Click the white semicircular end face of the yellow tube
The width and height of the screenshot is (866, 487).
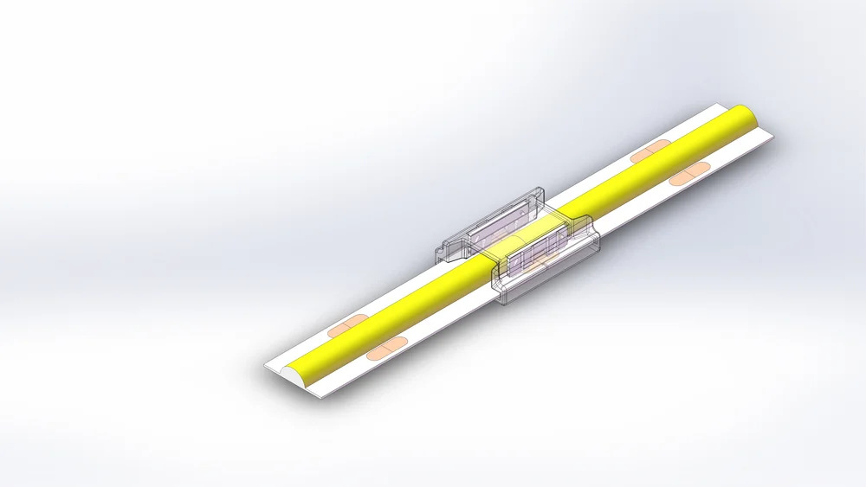click(x=287, y=375)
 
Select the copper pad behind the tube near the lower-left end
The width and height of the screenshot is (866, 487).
click(x=346, y=327)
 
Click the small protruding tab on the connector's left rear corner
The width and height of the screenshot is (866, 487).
click(x=444, y=253)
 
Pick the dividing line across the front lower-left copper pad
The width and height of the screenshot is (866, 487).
click(x=382, y=349)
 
